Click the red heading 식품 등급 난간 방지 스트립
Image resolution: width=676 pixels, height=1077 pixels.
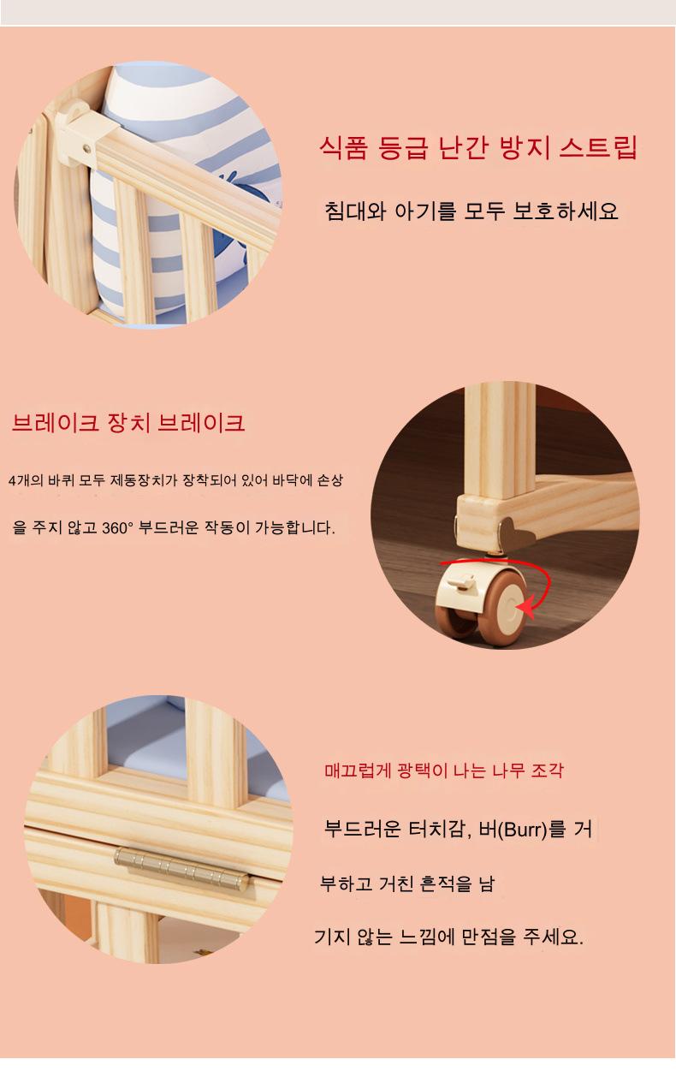tap(478, 147)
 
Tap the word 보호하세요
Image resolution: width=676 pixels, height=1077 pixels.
tap(566, 211)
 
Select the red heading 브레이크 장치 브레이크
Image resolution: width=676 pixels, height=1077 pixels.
tap(128, 423)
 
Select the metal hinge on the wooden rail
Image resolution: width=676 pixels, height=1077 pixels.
tap(181, 867)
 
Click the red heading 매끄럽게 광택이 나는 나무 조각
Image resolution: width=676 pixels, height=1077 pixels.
tap(443, 771)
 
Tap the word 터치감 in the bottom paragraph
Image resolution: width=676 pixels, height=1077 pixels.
tap(439, 829)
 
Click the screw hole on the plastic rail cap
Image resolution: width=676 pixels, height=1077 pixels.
tap(86, 149)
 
